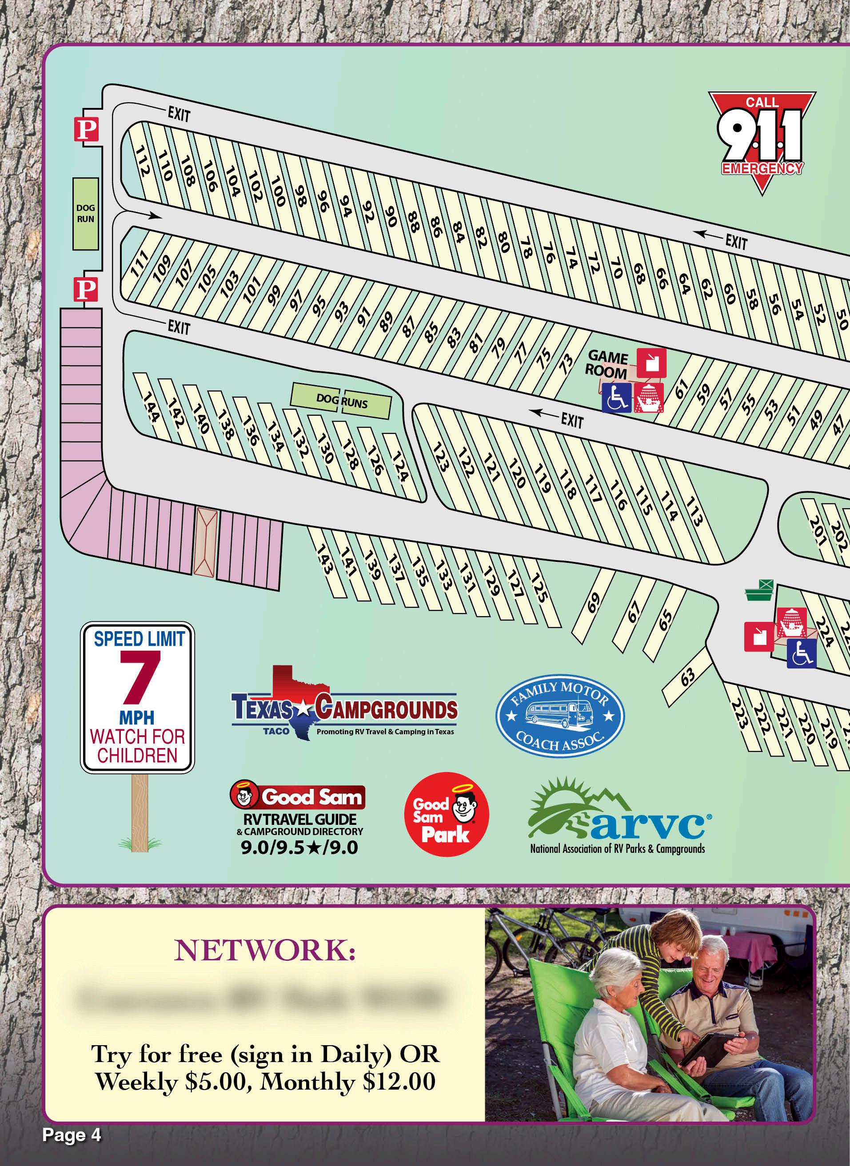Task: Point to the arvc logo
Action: point(618,817)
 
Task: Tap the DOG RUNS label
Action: point(342,400)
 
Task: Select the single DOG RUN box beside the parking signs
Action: point(85,214)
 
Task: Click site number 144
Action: point(151,407)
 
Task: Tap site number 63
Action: point(688,675)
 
